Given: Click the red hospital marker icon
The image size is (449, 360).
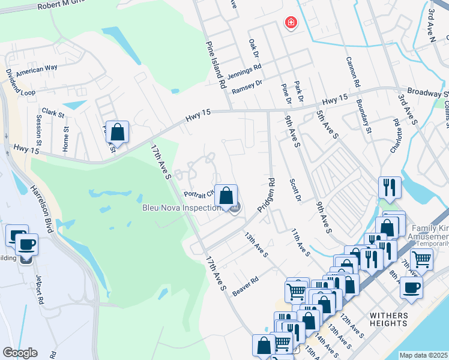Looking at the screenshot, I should pos(291,23).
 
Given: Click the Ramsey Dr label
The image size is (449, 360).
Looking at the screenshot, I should pos(247,87).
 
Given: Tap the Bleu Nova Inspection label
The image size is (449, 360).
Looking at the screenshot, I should pos(181,208).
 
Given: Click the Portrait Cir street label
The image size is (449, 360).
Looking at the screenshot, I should pos(199,194).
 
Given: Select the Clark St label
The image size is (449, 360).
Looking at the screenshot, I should pos(53,113).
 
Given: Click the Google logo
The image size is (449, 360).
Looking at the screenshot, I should pos(20,353).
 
